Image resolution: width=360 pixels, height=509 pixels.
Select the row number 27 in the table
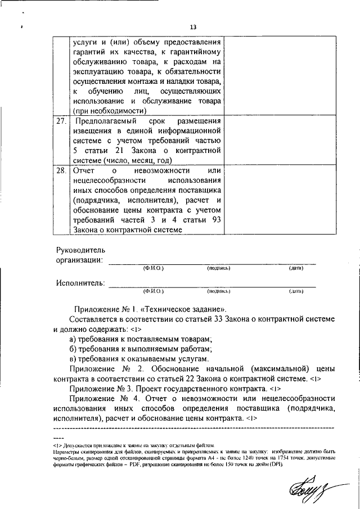[x=61, y=121]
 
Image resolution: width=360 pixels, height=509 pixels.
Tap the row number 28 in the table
[x=61, y=169]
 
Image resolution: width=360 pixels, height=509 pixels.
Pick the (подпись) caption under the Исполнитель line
[x=218, y=292]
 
